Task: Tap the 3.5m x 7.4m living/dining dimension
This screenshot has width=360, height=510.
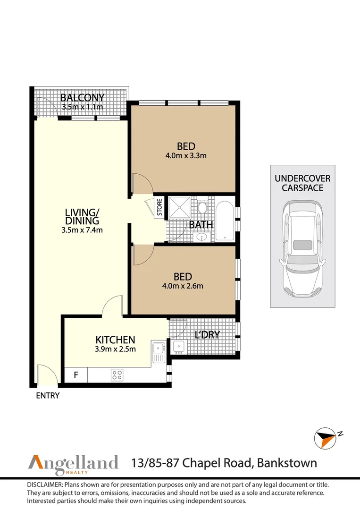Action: coord(83,230)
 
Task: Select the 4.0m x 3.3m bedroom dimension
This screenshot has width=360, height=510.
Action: coord(185,155)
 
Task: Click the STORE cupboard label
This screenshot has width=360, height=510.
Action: coord(159,207)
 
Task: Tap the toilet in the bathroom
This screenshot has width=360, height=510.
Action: coord(202,207)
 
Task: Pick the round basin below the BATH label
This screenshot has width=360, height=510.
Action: coord(202,237)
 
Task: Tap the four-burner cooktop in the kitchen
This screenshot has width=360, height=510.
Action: coord(117,375)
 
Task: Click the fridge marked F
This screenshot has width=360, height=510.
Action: coord(76,375)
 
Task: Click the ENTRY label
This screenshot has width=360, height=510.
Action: coord(48,396)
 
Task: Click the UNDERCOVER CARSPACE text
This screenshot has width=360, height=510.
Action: coord(302,183)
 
